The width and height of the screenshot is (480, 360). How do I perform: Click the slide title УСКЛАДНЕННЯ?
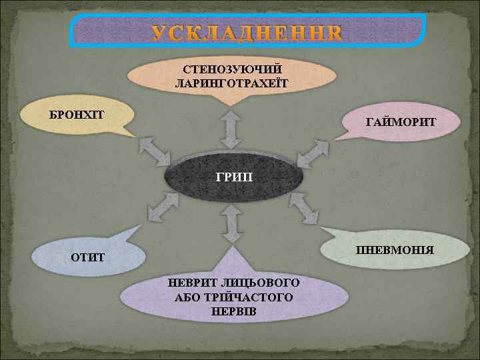click(247, 33)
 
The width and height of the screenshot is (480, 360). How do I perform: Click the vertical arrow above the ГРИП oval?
click(232, 129)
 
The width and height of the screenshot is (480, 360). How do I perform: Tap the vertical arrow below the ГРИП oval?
click(232, 224)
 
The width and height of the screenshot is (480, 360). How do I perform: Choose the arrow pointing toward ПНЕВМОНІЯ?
click(305, 207)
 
